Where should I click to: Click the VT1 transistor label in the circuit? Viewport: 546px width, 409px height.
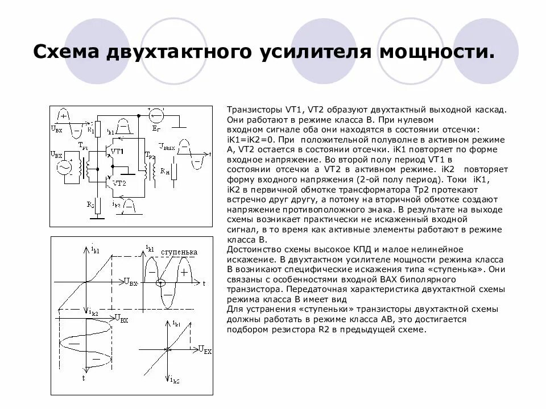click(117, 151)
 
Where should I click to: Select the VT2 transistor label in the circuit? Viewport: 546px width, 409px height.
click(119, 183)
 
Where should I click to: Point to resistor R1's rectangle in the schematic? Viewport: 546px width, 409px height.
click(98, 128)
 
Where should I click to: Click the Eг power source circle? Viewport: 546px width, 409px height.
click(156, 116)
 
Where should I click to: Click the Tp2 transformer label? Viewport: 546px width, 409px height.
click(150, 155)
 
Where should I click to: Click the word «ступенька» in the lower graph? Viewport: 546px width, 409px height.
click(179, 252)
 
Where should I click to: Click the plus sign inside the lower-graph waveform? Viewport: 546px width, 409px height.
click(184, 272)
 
